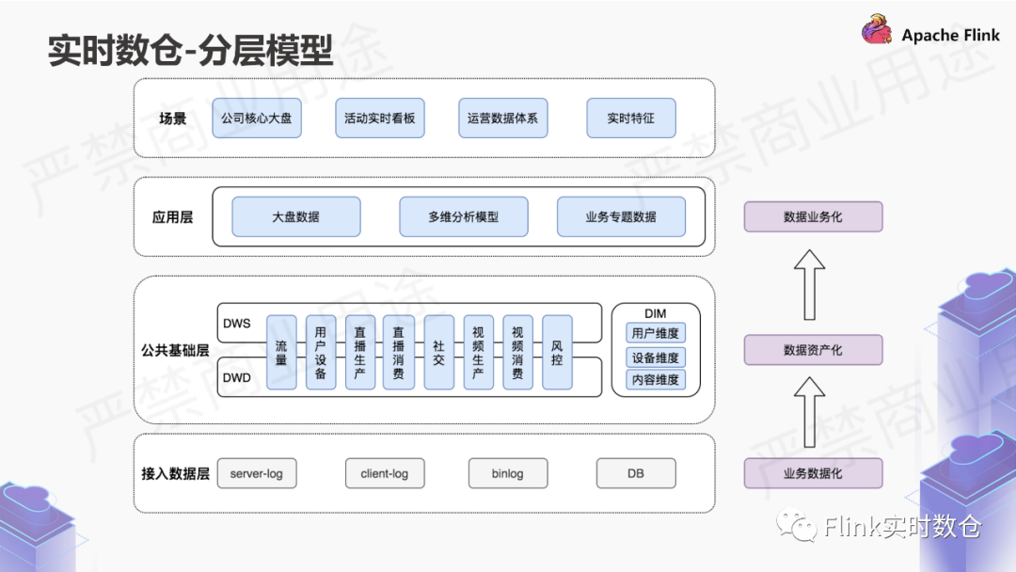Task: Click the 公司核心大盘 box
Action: [x=256, y=119]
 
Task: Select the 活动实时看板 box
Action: [x=379, y=119]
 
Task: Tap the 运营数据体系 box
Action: [x=502, y=119]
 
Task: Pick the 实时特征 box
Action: [x=630, y=119]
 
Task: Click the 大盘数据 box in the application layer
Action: [x=295, y=216]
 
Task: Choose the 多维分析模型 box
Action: [x=463, y=216]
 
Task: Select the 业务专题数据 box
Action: [x=621, y=216]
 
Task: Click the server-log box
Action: [x=256, y=473]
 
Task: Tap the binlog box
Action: [x=507, y=473]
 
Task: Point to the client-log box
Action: [x=384, y=473]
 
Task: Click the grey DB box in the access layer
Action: [x=636, y=473]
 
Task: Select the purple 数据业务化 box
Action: [x=813, y=216]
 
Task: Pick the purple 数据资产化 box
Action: [x=813, y=350]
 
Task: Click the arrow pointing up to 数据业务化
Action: [x=809, y=283]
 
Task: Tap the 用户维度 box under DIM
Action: [x=656, y=333]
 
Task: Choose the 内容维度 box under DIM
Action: [x=656, y=380]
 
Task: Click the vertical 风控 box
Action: [x=557, y=352]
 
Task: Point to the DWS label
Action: [x=237, y=324]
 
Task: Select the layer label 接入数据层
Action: [x=175, y=473]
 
